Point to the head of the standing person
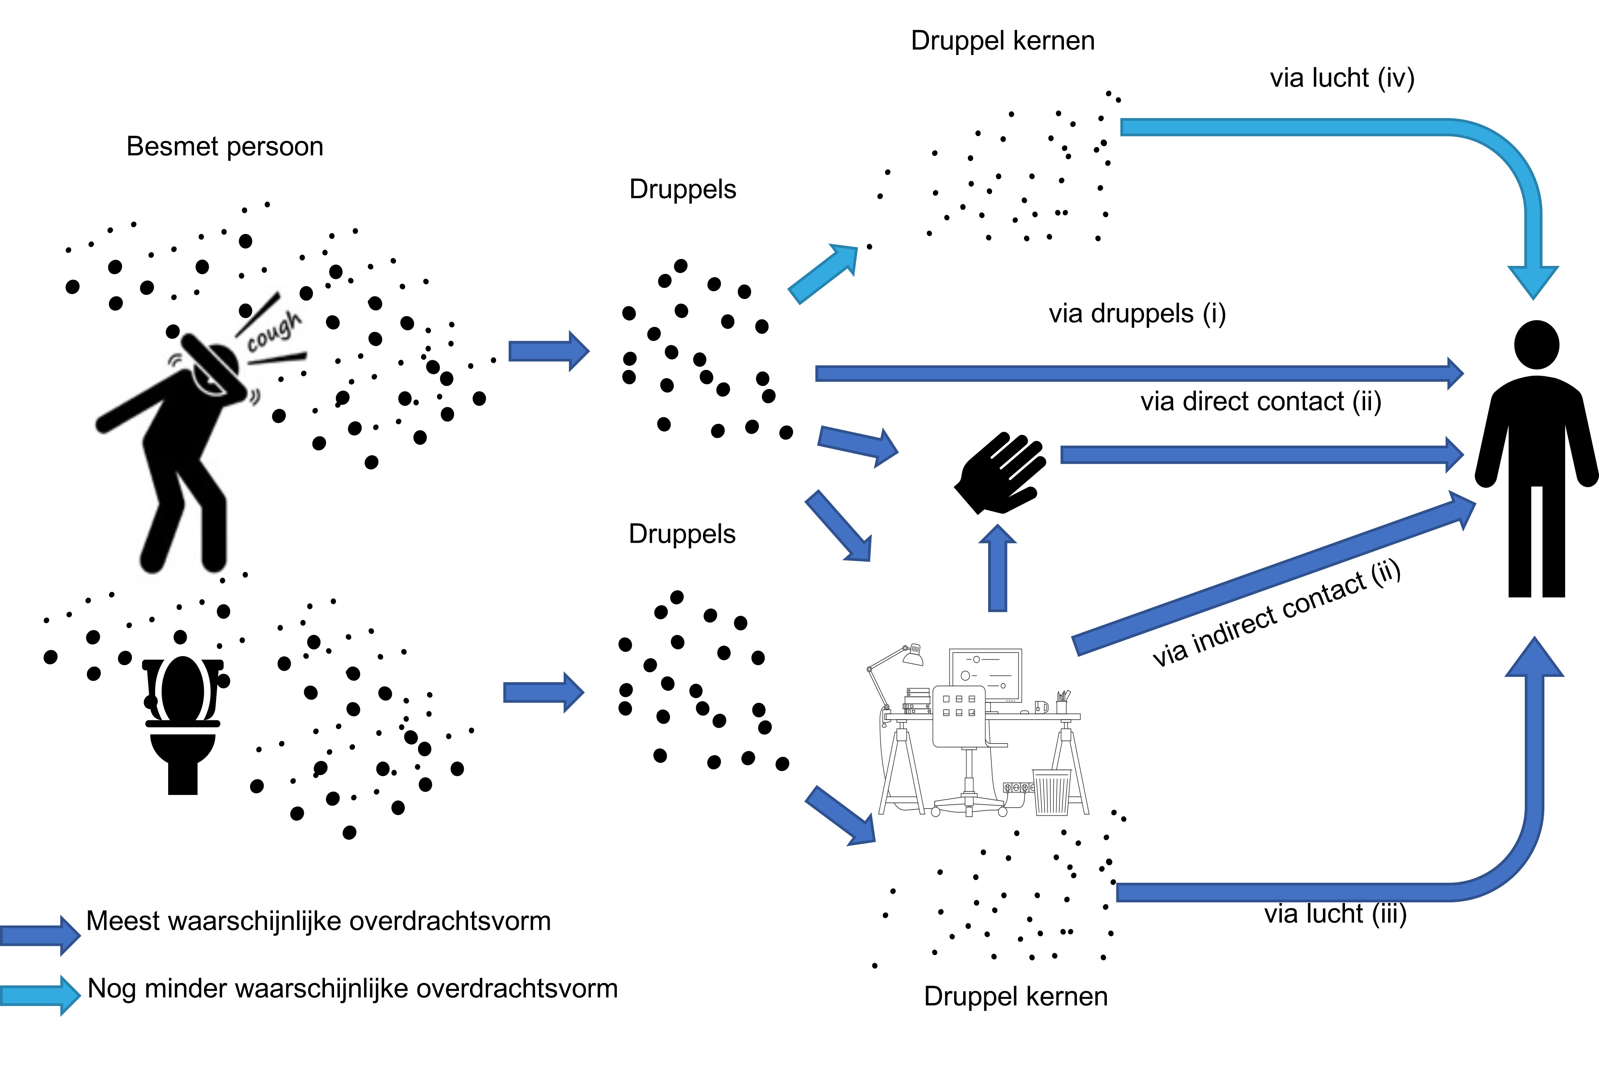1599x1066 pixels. pos(1537,344)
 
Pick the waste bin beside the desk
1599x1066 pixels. pos(1052,792)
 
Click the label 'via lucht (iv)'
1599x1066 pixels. pos(1342,78)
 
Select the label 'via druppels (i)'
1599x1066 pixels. pos(1137,314)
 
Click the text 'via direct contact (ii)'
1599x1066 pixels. pos(1261,402)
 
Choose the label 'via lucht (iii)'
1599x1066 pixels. pos(1335,914)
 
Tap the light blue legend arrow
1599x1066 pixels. pos(41,995)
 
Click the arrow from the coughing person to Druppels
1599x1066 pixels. pos(549,351)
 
